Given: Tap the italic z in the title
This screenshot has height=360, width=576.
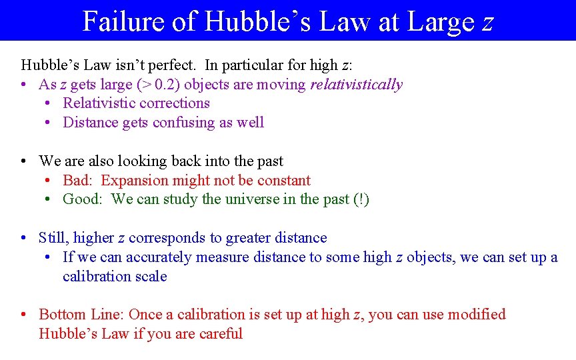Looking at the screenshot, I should point(487,23).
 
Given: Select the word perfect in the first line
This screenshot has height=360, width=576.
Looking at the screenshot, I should point(173,65).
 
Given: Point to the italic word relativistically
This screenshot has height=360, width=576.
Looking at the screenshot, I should point(357,85).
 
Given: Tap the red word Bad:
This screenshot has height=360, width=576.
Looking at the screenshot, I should point(78,181).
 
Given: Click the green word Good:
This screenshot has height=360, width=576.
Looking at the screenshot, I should point(83,199).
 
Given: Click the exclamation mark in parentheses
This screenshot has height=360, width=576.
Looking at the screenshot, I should point(361,199).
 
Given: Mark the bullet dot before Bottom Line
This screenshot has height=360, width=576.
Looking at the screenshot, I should point(23,315).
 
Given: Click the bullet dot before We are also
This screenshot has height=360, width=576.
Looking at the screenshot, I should point(23,161).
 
